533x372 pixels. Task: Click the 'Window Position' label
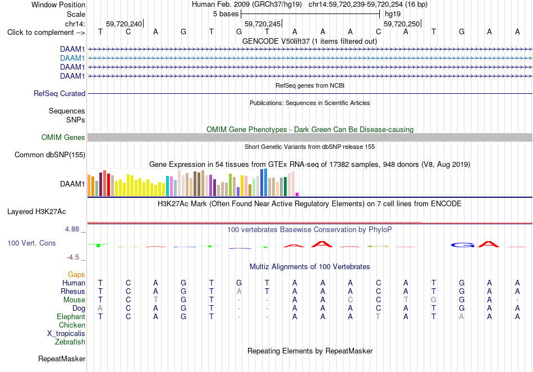point(58,4)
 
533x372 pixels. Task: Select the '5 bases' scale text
point(226,14)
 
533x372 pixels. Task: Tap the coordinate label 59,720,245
point(263,24)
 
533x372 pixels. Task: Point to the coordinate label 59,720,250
point(402,24)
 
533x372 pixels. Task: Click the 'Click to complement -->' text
point(46,33)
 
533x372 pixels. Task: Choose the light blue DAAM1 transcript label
point(72,58)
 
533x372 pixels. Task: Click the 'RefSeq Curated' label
point(59,94)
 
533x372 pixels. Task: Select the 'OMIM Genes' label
point(63,138)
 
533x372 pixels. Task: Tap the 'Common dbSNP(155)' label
point(50,155)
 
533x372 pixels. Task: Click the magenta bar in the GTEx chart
point(297,194)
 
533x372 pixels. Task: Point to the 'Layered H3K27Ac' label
point(36,212)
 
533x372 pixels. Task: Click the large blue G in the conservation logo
point(462,244)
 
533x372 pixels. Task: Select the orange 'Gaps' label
point(76,275)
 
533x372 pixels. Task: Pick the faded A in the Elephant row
point(461,317)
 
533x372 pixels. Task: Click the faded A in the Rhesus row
point(239,291)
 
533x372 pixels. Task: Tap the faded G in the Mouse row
point(433,300)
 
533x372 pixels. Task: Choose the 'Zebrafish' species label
point(70,342)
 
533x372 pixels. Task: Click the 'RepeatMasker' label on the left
point(62,359)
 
